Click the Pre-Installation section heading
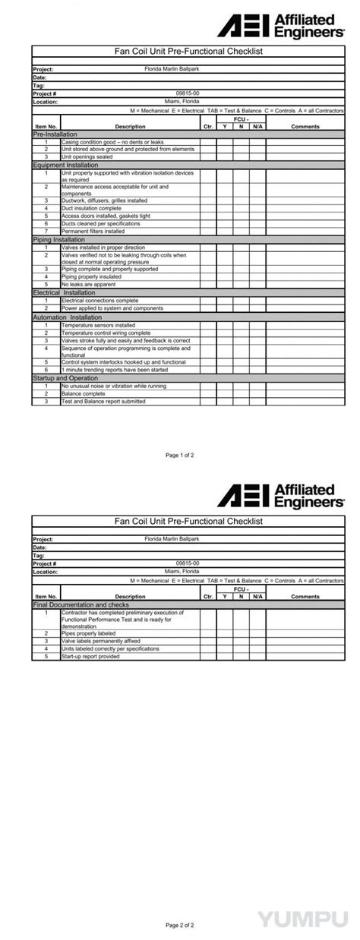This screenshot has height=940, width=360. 50,134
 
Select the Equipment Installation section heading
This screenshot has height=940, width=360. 65,165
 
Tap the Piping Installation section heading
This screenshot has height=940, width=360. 58,239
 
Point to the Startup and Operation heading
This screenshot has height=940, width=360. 65,378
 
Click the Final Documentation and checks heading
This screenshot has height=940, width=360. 81,605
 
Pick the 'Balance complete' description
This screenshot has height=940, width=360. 83,394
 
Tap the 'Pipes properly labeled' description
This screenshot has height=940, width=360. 88,633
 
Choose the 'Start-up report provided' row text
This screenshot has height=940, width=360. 90,657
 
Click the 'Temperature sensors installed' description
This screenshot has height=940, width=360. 98,325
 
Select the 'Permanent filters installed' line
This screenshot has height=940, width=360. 93,232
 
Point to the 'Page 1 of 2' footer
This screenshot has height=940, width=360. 180,456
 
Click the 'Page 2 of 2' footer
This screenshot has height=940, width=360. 180,926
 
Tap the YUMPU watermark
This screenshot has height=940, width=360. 307,920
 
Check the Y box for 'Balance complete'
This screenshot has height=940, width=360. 225,394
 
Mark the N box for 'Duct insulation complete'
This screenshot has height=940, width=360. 241,208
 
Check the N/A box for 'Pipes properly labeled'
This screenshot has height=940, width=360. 257,633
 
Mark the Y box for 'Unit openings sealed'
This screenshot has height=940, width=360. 225,157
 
